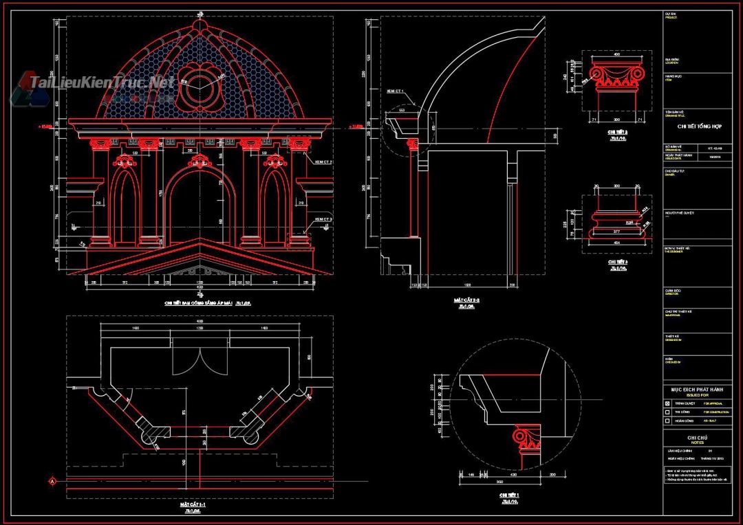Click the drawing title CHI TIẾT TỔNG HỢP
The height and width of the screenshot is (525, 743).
click(x=694, y=126)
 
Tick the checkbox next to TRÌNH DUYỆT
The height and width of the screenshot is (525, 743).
click(x=667, y=403)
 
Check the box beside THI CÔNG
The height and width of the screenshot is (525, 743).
click(x=667, y=412)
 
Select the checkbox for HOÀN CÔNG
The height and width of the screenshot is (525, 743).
click(x=667, y=420)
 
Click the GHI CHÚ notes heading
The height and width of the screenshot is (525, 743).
click(x=697, y=438)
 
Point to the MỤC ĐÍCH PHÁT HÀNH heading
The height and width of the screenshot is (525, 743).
click(x=697, y=389)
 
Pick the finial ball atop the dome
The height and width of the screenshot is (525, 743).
click(x=200, y=25)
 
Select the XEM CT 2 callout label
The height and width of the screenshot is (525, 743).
click(x=323, y=162)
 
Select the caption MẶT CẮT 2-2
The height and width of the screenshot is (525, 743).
click(x=467, y=300)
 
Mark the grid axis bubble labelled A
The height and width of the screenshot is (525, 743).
click(x=52, y=481)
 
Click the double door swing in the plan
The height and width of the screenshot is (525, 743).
click(x=200, y=358)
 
